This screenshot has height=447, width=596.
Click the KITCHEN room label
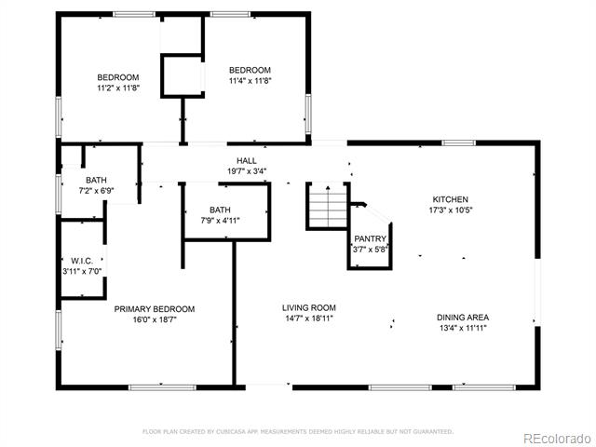[x=451, y=199]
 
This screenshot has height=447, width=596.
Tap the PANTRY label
[x=371, y=238]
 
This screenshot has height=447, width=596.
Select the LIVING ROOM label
[x=309, y=308]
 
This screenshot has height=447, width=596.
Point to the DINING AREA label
[x=463, y=318]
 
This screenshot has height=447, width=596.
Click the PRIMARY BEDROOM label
[x=155, y=309]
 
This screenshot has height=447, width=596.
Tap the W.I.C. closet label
[x=82, y=261]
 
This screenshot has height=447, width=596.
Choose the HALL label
[x=247, y=161]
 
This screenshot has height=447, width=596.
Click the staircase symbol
[x=328, y=206]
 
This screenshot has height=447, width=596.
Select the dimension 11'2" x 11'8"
[x=118, y=88]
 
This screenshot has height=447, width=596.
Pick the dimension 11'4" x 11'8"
[x=251, y=81]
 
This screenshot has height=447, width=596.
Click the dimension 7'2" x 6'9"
[x=96, y=191]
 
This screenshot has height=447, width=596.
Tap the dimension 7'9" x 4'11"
[x=220, y=221]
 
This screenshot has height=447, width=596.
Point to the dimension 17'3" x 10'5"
[x=451, y=210]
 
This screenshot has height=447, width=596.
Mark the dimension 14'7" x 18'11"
[x=309, y=318]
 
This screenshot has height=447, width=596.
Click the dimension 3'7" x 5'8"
[x=371, y=250]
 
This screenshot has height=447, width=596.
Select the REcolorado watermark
[x=557, y=439]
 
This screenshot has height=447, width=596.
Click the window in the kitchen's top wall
[x=459, y=142]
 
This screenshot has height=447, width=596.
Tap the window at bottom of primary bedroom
[x=162, y=387]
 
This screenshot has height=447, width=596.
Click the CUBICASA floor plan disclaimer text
[x=298, y=431]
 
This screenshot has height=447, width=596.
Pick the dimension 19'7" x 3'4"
[x=247, y=171]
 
